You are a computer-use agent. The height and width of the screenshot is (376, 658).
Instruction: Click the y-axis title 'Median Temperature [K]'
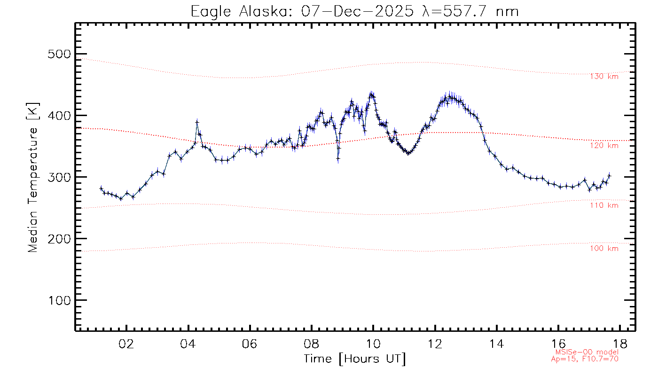point(32,177)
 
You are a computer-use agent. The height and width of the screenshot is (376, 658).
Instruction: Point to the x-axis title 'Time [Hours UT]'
point(355,359)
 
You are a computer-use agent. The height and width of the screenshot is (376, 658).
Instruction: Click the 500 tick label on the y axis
point(60,54)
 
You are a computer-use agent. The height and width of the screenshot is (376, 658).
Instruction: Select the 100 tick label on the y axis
point(60,300)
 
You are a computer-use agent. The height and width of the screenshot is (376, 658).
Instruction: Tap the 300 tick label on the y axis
point(60,177)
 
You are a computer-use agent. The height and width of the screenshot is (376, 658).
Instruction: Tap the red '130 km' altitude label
point(604,77)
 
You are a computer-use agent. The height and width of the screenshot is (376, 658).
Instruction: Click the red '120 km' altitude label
point(604,146)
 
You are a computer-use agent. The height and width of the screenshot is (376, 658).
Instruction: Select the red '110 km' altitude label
point(604,205)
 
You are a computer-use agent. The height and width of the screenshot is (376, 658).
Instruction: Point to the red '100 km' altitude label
point(604,249)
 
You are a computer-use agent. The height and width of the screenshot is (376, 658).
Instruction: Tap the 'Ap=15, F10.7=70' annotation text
point(585,359)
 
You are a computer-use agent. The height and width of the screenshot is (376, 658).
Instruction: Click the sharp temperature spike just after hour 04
point(197,122)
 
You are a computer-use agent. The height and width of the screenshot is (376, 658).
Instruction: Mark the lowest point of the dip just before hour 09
point(338,159)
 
